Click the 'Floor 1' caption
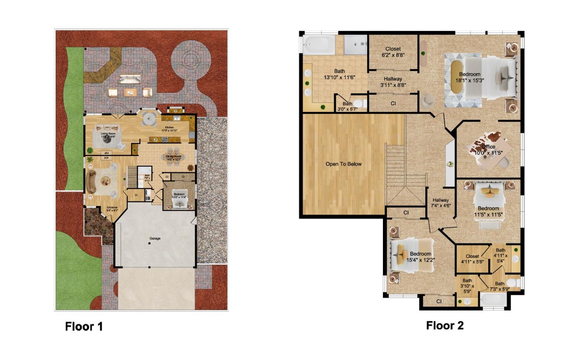[84, 327]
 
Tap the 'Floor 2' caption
[445, 325]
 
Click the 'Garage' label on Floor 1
[155, 238]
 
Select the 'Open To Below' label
[343, 164]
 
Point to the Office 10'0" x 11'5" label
[488, 150]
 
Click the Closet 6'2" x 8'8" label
[393, 52]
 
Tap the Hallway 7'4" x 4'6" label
[441, 202]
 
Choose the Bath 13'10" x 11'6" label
[339, 74]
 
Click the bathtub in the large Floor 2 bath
[319, 45]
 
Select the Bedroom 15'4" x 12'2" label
[420, 257]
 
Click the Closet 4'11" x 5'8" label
[472, 258]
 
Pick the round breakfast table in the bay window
[149, 119]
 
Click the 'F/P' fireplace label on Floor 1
[107, 158]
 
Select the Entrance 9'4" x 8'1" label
[112, 209]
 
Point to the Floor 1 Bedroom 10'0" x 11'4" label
[179, 196]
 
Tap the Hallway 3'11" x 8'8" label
[393, 82]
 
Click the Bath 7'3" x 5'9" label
[499, 286]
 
